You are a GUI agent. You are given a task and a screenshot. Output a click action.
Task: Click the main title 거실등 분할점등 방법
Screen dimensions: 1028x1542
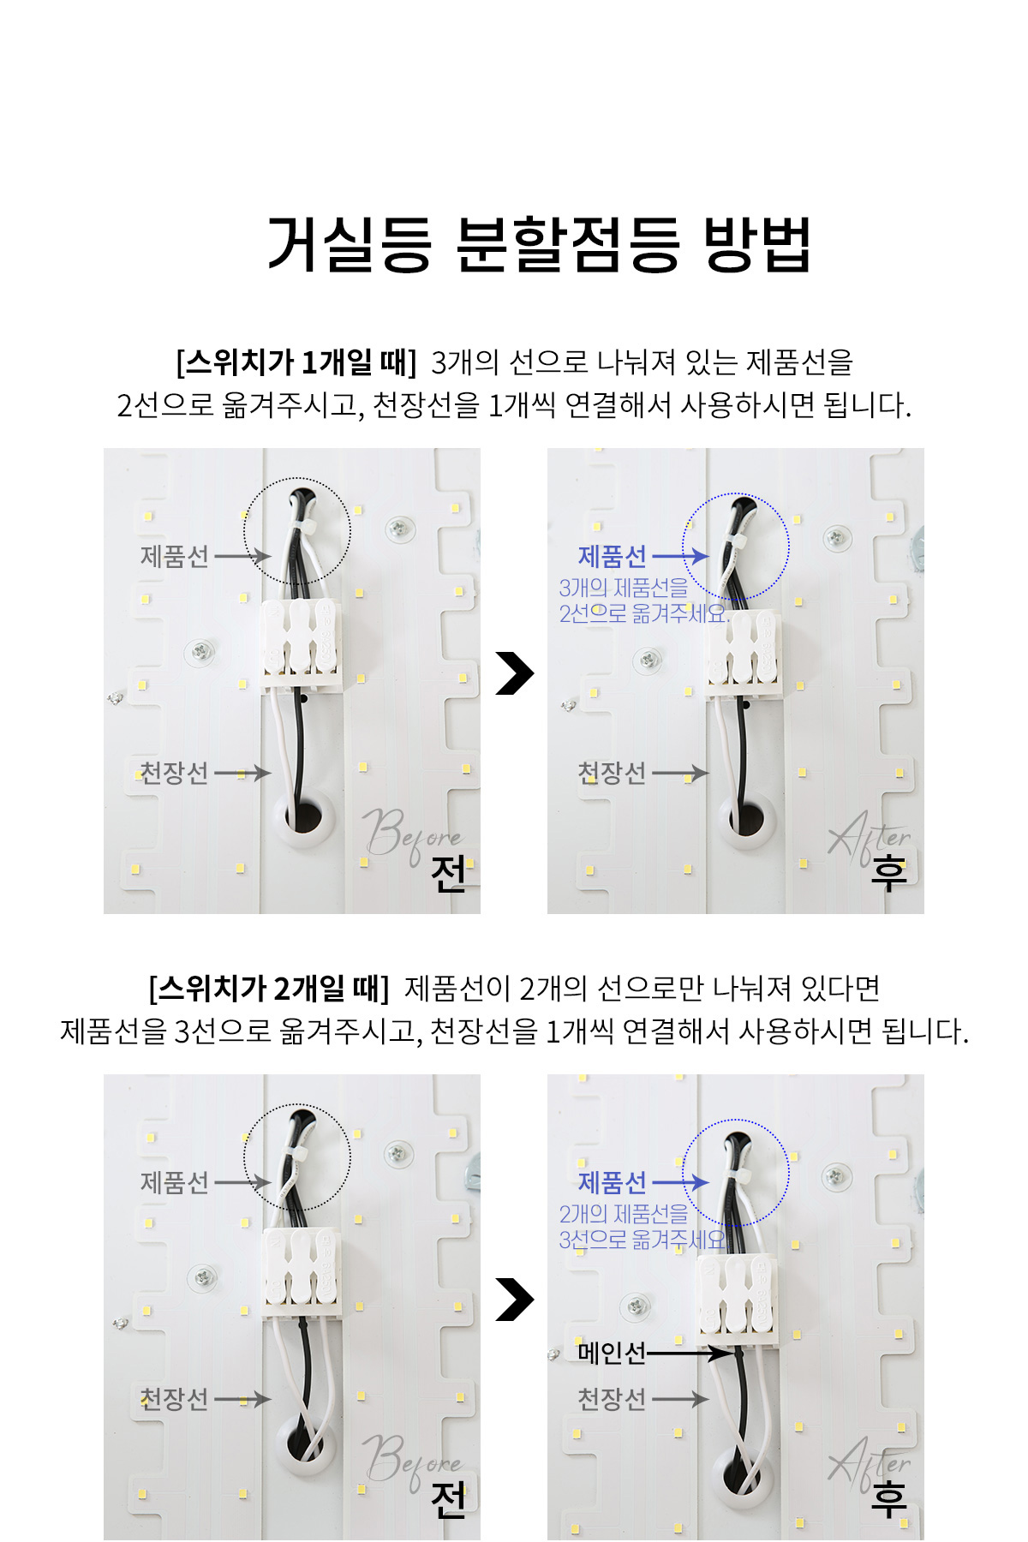(539, 245)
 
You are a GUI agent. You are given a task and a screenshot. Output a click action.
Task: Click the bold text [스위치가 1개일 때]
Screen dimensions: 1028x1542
(296, 362)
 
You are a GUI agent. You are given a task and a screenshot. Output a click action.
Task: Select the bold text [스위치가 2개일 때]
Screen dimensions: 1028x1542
(268, 989)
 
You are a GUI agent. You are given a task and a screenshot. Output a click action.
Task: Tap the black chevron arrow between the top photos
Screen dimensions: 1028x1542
(514, 673)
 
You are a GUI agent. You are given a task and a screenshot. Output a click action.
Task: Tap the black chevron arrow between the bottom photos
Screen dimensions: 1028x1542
(514, 1300)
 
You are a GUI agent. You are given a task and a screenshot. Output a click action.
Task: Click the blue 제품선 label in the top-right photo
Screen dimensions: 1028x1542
(612, 557)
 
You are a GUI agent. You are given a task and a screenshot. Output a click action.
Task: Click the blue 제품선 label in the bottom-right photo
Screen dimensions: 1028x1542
(612, 1183)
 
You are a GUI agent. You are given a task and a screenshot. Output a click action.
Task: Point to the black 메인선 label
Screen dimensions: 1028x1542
(612, 1354)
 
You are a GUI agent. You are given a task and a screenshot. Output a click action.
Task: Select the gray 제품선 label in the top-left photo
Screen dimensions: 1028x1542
(175, 557)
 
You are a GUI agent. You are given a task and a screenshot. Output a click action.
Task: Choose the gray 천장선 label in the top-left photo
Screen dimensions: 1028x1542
(175, 773)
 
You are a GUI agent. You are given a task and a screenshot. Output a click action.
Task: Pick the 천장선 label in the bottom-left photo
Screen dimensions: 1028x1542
(175, 1399)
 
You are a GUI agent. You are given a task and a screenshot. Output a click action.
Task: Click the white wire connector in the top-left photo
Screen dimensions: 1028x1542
(301, 644)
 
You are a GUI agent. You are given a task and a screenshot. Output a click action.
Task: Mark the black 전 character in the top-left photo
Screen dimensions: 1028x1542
(448, 874)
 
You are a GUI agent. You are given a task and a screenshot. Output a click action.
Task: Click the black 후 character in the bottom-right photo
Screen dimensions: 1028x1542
(888, 1500)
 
